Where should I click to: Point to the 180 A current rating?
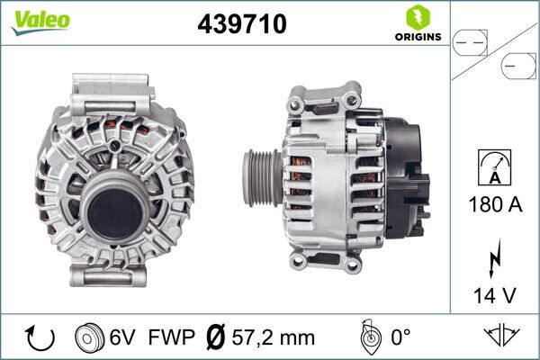[496, 204]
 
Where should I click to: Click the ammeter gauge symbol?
[496, 168]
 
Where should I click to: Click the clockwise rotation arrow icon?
[40, 338]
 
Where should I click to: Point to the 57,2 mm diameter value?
[274, 338]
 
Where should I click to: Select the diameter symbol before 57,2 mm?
[215, 338]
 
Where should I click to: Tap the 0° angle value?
[399, 338]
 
